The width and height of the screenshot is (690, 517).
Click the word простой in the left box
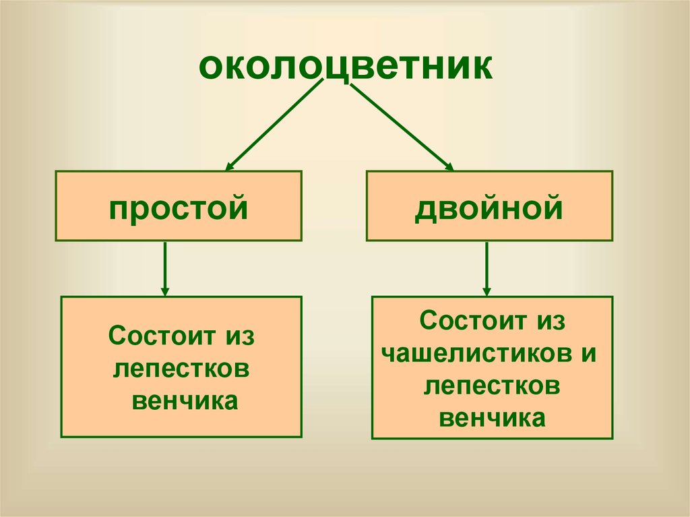click(x=178, y=207)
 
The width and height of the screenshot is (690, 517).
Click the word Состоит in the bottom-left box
click(x=159, y=336)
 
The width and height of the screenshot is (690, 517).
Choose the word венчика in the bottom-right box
click(x=491, y=418)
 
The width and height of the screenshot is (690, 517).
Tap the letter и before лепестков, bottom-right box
click(x=433, y=387)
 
